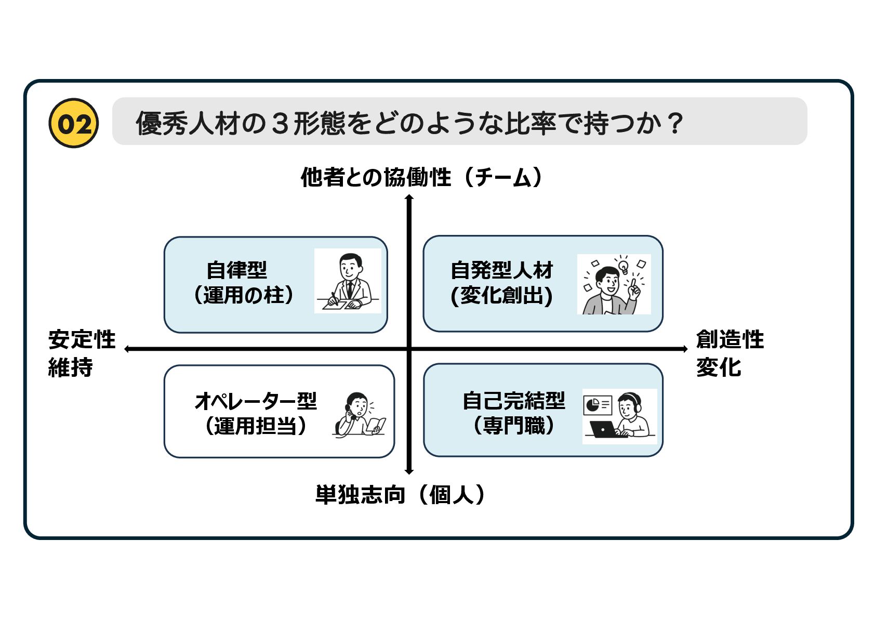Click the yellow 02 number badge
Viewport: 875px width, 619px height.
73,123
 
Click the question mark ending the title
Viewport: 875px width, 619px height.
675,123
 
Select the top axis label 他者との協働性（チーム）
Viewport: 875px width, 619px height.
421,177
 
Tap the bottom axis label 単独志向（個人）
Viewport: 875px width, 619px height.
400,494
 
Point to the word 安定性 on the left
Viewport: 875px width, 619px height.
82,339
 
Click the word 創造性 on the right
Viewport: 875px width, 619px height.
730,339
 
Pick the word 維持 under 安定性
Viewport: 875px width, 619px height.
71,367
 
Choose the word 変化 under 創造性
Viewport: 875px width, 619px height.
718,367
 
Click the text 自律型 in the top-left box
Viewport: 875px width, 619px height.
236,270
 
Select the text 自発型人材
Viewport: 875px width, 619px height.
501,270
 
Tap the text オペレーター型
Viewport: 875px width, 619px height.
255,401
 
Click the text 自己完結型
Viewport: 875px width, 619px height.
513,401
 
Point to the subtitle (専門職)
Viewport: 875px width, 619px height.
513,426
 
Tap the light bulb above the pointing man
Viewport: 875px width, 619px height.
623,267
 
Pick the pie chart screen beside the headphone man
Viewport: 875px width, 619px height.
597,405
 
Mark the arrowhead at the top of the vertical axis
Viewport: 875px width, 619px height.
409,197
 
